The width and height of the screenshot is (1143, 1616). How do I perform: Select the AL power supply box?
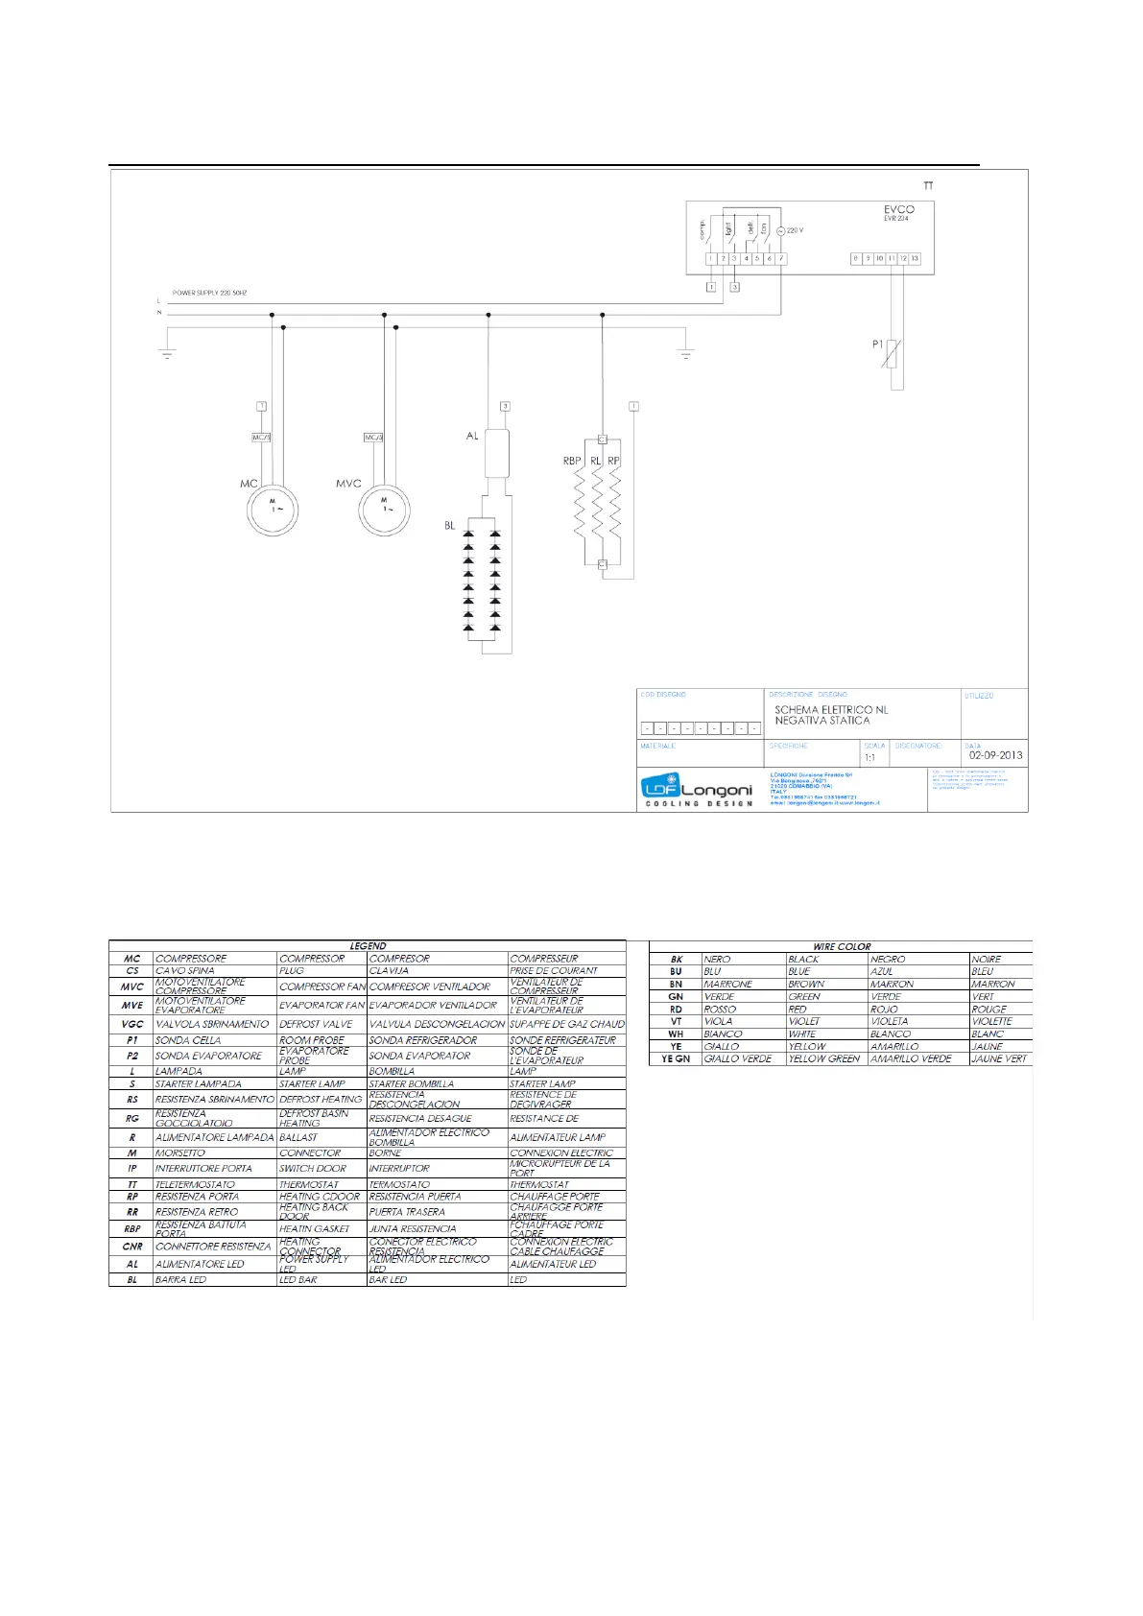click(x=496, y=453)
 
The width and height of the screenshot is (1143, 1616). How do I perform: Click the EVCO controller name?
click(x=898, y=209)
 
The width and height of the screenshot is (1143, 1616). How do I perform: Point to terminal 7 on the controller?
click(x=781, y=259)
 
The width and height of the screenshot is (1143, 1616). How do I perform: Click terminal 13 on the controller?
click(x=915, y=259)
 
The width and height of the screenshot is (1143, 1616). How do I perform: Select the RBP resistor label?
click(x=572, y=461)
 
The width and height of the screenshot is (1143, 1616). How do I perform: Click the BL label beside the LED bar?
click(x=450, y=526)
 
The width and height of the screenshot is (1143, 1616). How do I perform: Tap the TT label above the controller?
click(x=928, y=185)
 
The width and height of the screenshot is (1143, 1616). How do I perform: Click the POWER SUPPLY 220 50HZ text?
click(x=210, y=293)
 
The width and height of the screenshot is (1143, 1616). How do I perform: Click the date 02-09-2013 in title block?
click(x=995, y=755)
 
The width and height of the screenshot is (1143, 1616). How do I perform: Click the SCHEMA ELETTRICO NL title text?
click(x=831, y=710)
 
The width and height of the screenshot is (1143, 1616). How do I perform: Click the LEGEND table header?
click(x=368, y=946)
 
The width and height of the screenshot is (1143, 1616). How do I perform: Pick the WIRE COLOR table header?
click(x=842, y=946)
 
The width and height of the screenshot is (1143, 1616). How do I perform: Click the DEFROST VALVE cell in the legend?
click(x=316, y=1024)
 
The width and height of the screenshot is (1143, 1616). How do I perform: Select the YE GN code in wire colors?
click(x=676, y=1058)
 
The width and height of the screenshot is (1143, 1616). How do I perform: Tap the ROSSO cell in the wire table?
click(x=720, y=1009)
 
